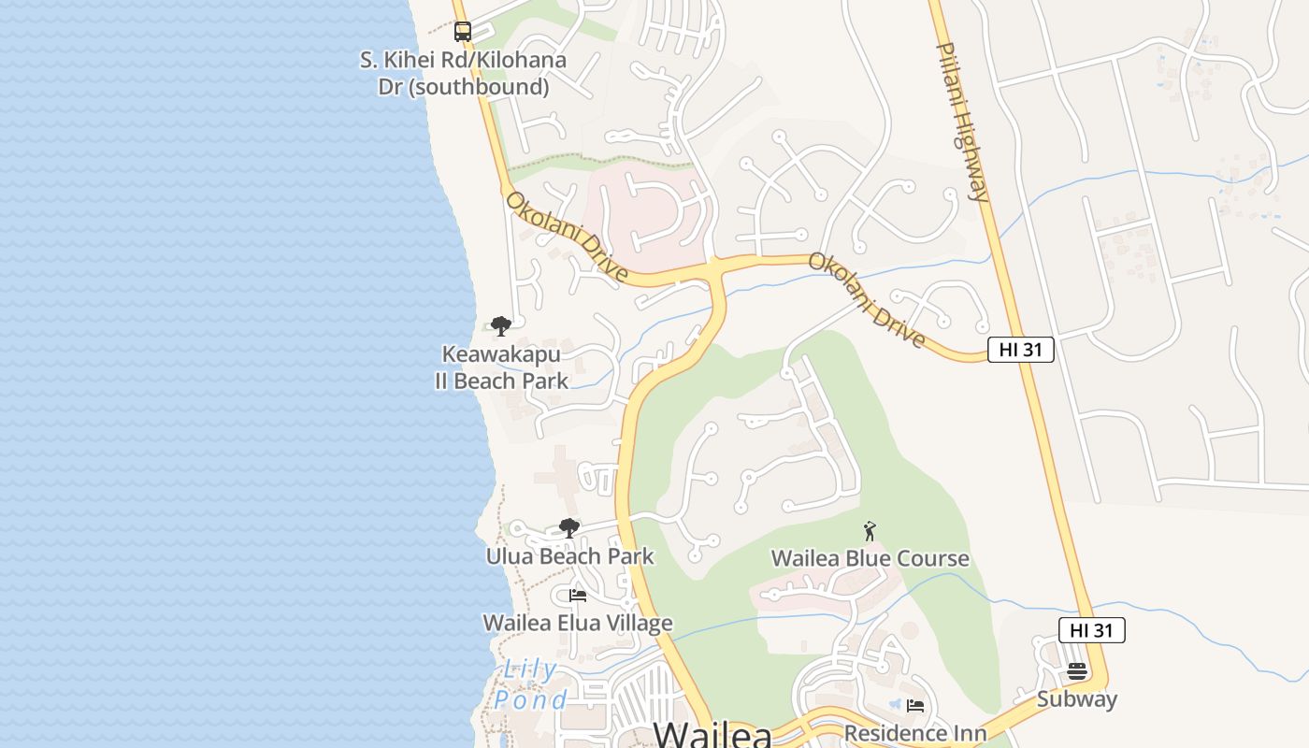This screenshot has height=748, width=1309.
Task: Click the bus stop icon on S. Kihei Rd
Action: tap(463, 32)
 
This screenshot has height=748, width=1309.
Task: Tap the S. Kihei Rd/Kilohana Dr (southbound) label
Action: tap(463, 73)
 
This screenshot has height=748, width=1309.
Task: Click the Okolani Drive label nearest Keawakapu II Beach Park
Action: tap(567, 237)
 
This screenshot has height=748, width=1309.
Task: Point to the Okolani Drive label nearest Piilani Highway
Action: tap(867, 299)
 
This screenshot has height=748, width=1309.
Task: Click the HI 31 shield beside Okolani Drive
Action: tap(1021, 350)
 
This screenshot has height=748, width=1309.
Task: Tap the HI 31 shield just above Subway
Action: tap(1091, 630)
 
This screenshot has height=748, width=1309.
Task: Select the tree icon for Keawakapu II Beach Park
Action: tap(501, 326)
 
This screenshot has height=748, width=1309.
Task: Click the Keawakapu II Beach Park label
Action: tap(501, 367)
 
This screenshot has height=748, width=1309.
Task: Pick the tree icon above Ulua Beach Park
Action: tap(568, 528)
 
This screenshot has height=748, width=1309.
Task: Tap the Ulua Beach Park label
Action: tap(569, 556)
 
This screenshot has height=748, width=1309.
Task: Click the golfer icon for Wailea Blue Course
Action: tap(870, 531)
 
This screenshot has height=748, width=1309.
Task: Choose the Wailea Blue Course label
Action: tap(870, 558)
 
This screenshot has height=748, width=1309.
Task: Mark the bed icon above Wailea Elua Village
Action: tap(578, 595)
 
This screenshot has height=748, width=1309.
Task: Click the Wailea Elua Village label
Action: tap(578, 623)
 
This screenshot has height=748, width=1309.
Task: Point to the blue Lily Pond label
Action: tap(530, 684)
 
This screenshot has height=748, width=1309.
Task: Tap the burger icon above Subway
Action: tap(1077, 671)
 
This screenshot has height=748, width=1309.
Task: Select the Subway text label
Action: tap(1077, 699)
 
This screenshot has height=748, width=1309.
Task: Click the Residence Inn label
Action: tap(915, 733)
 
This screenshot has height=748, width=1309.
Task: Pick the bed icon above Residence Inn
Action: tap(915, 706)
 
